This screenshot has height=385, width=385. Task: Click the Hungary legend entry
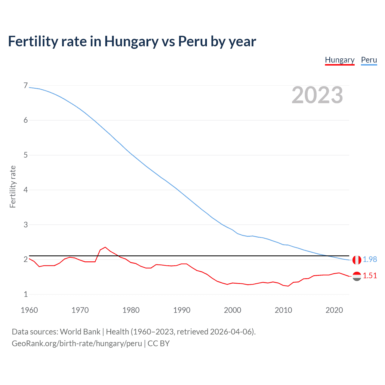(x=340, y=60)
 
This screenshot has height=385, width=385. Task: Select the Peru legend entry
(x=369, y=60)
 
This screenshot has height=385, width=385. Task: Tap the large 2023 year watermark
(x=317, y=95)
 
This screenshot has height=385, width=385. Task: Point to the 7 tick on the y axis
(x=26, y=86)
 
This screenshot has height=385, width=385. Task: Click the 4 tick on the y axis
(x=26, y=190)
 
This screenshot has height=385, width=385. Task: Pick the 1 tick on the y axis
(x=26, y=294)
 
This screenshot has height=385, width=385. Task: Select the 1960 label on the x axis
(x=29, y=310)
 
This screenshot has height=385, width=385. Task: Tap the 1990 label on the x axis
(x=182, y=310)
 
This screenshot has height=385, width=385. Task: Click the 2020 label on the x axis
(x=334, y=310)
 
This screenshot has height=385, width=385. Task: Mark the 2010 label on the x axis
(x=283, y=310)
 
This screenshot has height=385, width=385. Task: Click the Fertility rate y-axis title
(x=13, y=186)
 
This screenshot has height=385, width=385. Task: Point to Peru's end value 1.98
(x=370, y=259)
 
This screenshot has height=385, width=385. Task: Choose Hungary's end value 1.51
(x=370, y=276)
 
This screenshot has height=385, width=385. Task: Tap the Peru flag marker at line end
(x=357, y=260)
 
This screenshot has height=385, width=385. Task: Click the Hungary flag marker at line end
(x=357, y=276)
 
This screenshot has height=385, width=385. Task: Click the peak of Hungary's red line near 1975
(x=105, y=247)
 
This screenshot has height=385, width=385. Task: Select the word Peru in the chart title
(x=192, y=42)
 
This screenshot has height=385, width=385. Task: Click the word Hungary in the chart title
(x=131, y=42)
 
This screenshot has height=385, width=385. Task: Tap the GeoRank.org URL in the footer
(x=77, y=343)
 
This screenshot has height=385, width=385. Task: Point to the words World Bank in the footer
(x=80, y=332)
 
